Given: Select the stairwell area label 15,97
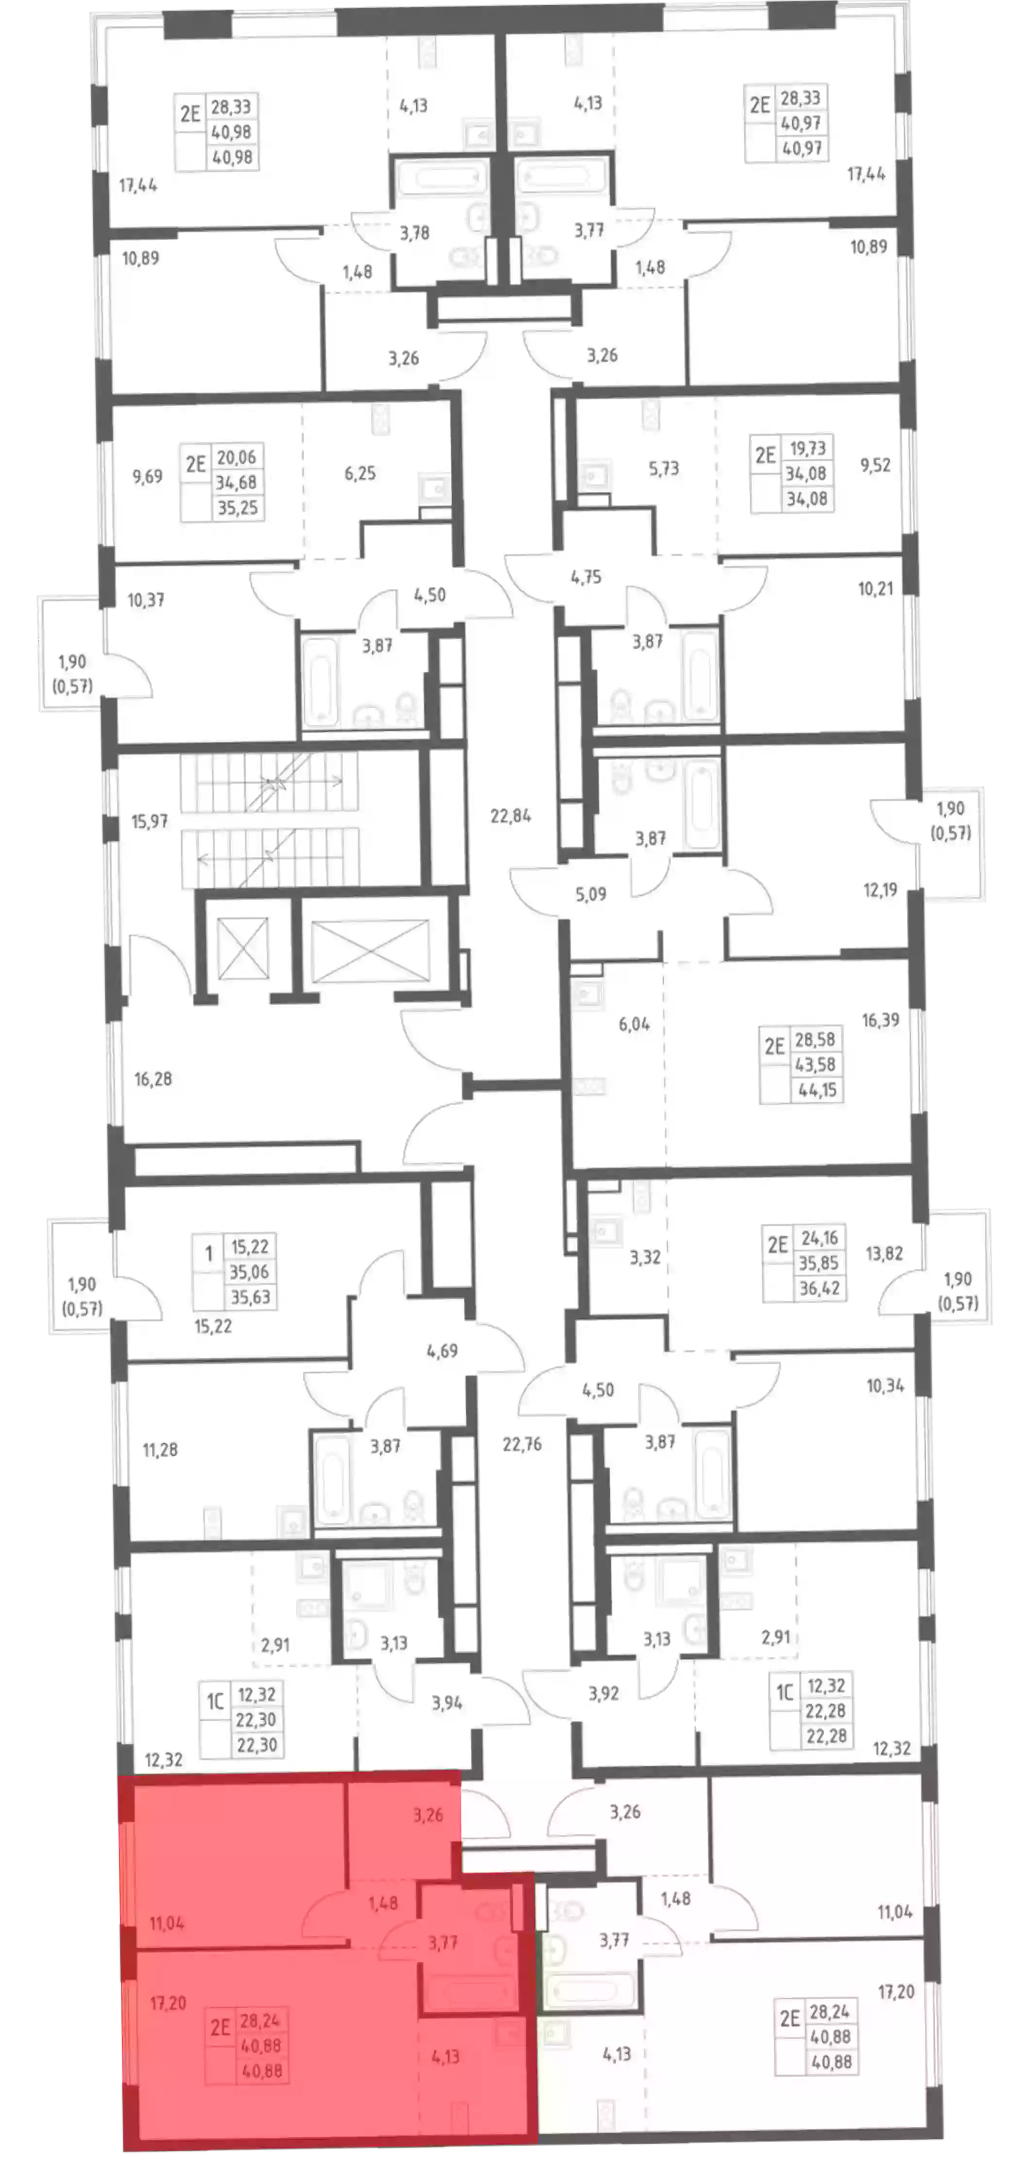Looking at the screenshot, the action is (x=150, y=821).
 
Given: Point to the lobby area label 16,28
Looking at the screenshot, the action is (x=153, y=1078).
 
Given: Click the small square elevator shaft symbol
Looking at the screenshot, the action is (x=242, y=949).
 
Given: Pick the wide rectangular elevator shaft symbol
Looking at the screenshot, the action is (x=370, y=949).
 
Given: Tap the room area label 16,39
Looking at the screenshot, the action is (x=880, y=1019).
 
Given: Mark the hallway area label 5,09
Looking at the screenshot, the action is (x=591, y=893).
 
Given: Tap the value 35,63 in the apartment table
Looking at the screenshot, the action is (x=251, y=1297).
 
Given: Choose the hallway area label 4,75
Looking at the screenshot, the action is (x=586, y=577).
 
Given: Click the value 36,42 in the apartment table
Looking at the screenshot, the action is (x=820, y=1287).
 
